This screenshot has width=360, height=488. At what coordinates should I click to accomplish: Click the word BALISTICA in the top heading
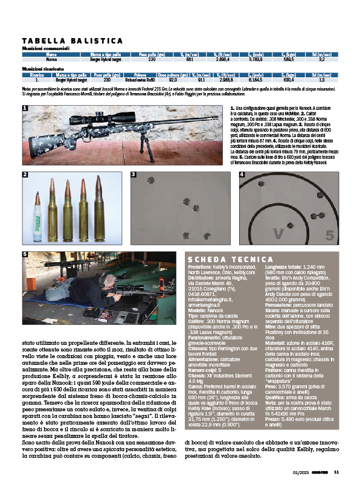pos(90,40)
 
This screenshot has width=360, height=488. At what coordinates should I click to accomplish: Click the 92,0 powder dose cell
pos(173,79)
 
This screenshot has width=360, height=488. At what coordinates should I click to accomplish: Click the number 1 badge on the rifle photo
pos(25,109)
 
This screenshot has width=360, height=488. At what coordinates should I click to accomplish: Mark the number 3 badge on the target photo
pos(133,175)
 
